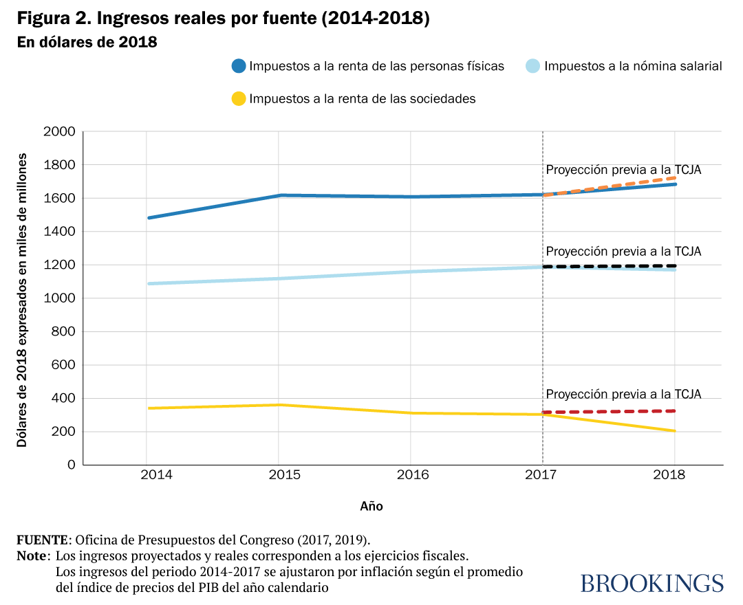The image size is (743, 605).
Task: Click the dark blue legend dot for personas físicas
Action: click(239, 67)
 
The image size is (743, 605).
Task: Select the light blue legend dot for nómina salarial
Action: click(533, 67)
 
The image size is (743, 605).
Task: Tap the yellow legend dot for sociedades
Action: click(239, 98)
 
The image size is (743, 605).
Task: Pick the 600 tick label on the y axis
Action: click(63, 365)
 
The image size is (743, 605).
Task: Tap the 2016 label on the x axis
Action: click(411, 475)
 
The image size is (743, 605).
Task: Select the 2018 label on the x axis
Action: click(674, 475)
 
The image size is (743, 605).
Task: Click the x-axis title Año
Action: click(371, 507)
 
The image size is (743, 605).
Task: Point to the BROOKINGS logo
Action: click(652, 583)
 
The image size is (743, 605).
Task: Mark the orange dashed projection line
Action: click(609, 186)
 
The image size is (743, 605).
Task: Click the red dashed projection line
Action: click(609, 412)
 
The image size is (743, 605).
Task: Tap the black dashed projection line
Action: click(609, 266)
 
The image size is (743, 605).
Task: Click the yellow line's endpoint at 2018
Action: click(674, 431)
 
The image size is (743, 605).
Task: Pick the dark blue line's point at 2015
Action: click(279, 195)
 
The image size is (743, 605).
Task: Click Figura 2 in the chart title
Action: click(50, 19)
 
